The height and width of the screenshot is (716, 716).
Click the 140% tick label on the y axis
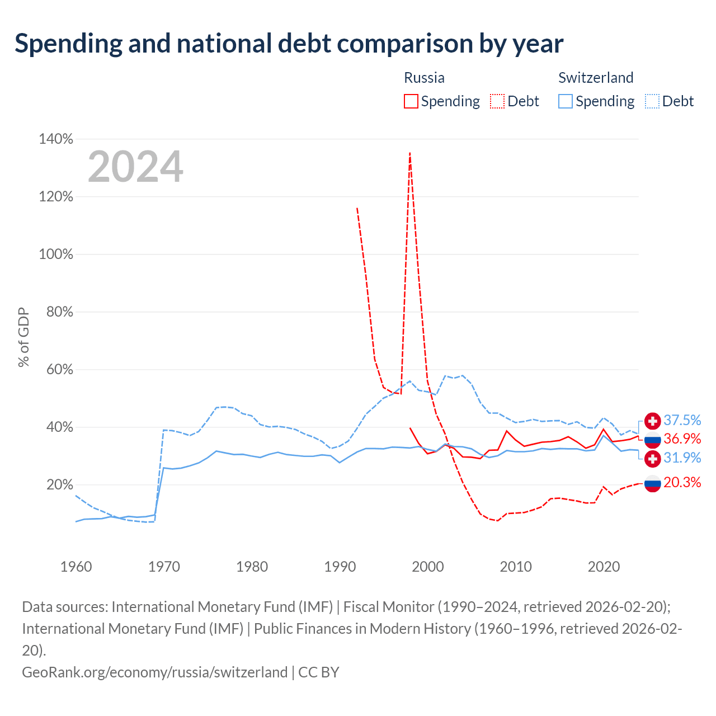(x=56, y=139)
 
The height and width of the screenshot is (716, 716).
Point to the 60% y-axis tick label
(x=59, y=369)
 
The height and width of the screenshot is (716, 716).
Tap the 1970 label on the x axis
(x=164, y=567)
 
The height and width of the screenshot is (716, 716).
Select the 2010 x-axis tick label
(x=515, y=567)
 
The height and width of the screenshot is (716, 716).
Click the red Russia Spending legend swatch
(x=411, y=101)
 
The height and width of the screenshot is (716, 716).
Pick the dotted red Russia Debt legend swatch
(x=497, y=101)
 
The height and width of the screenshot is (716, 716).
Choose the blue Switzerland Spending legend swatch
(x=565, y=101)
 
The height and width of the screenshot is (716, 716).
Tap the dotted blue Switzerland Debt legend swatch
(x=652, y=101)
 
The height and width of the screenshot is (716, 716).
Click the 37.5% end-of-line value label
(x=682, y=420)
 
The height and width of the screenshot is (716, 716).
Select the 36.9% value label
(x=682, y=439)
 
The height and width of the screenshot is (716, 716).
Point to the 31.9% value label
(x=682, y=458)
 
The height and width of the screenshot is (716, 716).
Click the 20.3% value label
(x=682, y=482)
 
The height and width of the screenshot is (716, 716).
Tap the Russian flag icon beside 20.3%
(x=652, y=483)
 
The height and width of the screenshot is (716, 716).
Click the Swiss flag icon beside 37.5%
(x=652, y=421)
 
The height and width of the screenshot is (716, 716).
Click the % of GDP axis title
(x=23, y=337)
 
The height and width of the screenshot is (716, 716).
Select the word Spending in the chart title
(x=68, y=44)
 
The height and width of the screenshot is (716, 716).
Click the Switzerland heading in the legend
(x=596, y=78)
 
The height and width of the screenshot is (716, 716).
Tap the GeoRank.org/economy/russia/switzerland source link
(x=154, y=672)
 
